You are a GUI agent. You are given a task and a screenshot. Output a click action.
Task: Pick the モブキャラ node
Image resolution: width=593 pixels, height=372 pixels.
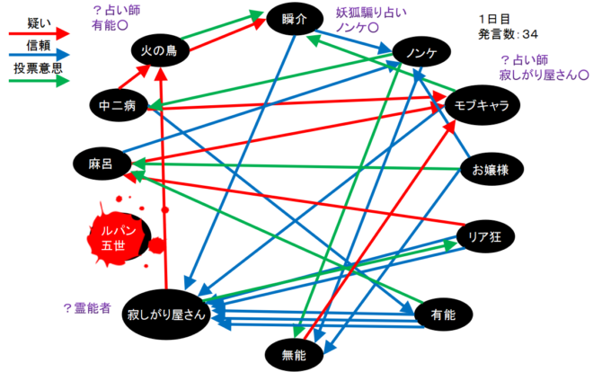(482, 105)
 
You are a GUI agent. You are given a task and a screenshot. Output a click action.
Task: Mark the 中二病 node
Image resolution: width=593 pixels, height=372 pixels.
(117, 106)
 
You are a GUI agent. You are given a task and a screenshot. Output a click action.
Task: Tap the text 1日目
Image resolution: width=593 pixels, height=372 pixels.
(497, 18)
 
